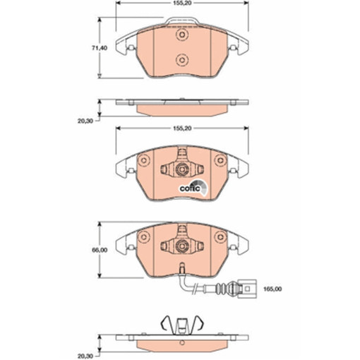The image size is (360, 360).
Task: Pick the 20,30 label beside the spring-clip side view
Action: [x=85, y=337]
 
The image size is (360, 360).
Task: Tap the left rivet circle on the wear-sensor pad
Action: [x=145, y=236]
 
